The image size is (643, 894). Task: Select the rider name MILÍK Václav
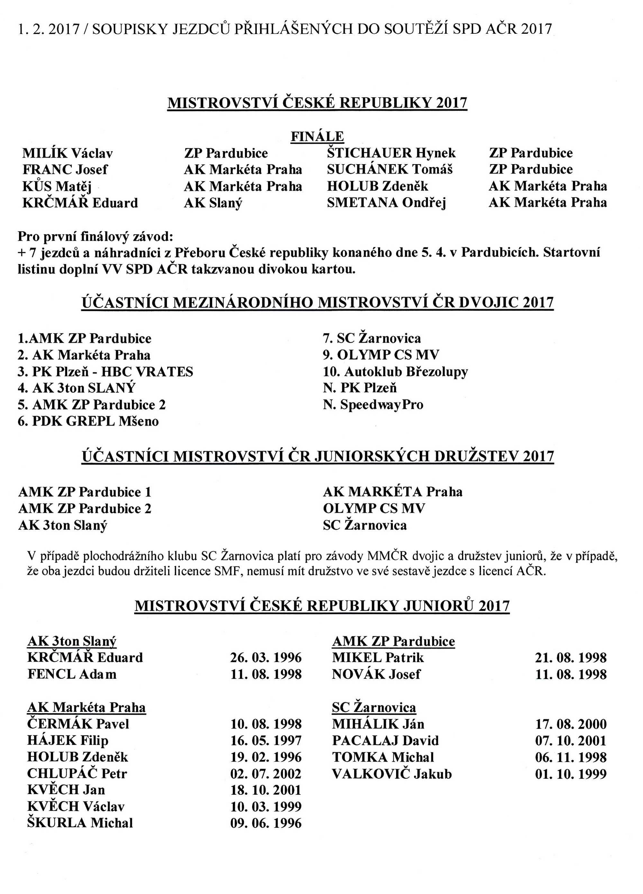point(68,153)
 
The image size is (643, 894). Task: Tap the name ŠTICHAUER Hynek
point(391,153)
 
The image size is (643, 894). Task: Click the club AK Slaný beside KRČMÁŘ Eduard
point(213,203)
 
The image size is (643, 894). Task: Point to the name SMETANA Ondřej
point(386,203)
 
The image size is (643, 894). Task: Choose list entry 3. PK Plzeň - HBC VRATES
point(105,372)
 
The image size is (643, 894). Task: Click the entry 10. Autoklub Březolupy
point(395,371)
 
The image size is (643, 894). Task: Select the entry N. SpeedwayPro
point(373,404)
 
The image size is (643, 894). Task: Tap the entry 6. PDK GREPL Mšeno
point(88,421)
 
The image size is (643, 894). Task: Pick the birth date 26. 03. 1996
point(266,658)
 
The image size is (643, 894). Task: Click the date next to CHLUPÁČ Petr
point(266,774)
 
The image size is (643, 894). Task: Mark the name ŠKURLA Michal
point(80,823)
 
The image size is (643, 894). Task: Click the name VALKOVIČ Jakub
point(392,774)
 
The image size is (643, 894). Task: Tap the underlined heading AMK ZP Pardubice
point(393,641)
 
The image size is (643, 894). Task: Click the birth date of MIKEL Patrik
point(570,658)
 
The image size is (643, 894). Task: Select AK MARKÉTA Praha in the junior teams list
point(393,492)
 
